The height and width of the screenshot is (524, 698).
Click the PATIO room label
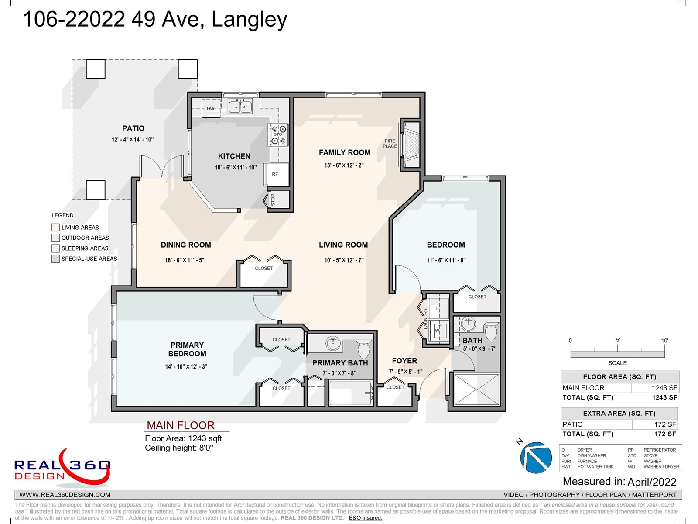click(133, 128)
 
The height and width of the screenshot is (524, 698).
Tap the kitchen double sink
click(240, 106)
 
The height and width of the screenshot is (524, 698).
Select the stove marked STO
click(279, 134)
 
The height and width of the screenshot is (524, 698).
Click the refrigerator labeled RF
click(276, 174)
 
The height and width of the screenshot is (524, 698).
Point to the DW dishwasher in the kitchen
click(210, 108)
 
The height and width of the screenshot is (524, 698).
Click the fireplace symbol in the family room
click(412, 145)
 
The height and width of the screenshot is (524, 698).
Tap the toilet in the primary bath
click(364, 349)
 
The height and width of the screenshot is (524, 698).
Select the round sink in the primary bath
click(333, 343)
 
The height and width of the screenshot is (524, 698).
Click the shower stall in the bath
click(476, 390)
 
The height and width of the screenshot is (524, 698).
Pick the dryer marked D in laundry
click(438, 309)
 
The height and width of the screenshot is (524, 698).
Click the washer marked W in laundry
click(438, 331)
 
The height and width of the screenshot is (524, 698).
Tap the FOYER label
click(404, 361)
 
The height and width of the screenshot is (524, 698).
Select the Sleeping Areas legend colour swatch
click(55, 248)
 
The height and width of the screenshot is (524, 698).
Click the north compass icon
click(536, 457)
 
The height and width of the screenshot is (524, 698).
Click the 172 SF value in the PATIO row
click(665, 424)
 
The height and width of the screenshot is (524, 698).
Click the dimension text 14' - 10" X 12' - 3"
click(186, 366)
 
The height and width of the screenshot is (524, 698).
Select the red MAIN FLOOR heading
click(181, 425)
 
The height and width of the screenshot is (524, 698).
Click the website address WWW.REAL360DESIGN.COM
click(65, 495)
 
